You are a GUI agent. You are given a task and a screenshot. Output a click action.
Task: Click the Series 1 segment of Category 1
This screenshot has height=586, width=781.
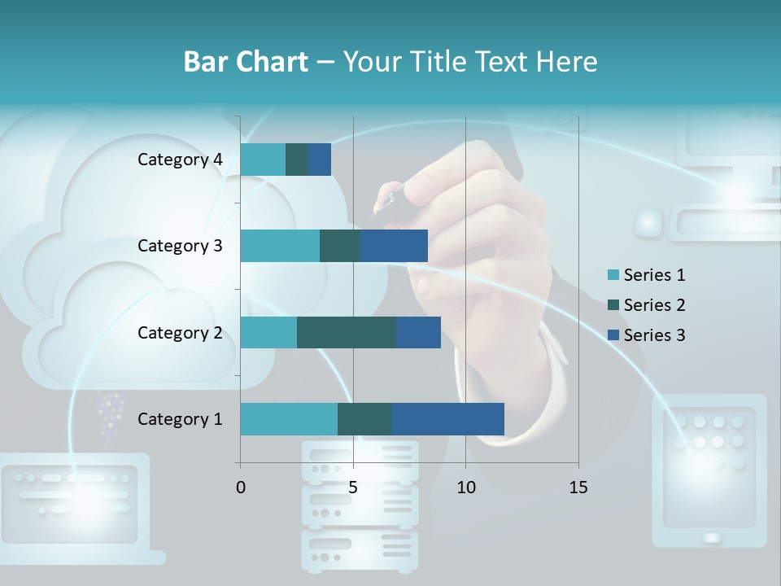(289, 419)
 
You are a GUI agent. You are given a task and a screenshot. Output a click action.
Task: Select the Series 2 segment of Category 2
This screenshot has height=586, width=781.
(347, 333)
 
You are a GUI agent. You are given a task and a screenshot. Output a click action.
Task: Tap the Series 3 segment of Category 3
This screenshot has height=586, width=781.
(394, 246)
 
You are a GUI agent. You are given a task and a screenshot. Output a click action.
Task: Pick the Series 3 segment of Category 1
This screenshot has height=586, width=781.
(447, 419)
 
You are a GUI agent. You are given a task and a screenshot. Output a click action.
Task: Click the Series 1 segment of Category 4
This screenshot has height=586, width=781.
(263, 160)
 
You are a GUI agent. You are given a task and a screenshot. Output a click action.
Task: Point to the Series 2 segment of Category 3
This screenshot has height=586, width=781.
(340, 246)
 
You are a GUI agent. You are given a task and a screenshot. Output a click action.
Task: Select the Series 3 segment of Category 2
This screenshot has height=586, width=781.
(418, 333)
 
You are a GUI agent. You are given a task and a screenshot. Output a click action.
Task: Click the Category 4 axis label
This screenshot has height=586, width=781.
(180, 160)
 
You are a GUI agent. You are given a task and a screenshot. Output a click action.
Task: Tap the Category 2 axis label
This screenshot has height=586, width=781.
(180, 333)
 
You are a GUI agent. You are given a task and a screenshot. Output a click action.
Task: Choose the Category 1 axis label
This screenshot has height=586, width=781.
(180, 419)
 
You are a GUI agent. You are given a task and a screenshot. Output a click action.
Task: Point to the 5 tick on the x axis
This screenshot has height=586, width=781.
(353, 488)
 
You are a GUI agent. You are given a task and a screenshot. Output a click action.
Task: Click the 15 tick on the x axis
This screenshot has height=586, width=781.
(578, 488)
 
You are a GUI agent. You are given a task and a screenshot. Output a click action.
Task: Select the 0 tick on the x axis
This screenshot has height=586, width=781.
(241, 488)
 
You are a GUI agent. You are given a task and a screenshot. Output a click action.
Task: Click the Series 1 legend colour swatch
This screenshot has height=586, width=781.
(613, 275)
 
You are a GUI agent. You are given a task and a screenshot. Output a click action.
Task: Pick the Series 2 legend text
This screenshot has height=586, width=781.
(654, 305)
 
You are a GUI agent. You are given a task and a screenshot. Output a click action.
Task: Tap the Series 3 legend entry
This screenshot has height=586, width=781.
(647, 335)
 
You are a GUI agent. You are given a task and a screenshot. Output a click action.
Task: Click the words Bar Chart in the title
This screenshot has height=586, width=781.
(245, 62)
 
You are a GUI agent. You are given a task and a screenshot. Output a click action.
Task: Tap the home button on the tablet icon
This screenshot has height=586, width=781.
(711, 538)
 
